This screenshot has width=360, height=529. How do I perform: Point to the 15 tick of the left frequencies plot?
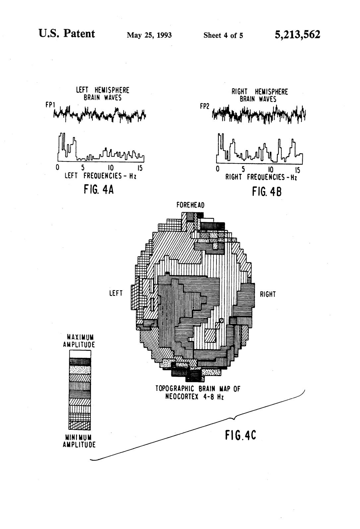(x=140, y=167)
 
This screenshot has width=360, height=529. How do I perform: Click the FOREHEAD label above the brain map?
(x=190, y=205)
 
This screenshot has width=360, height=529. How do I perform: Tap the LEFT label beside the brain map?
(x=116, y=293)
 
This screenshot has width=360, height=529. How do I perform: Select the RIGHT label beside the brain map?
(x=268, y=294)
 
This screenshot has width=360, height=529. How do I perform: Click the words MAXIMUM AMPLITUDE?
(x=79, y=341)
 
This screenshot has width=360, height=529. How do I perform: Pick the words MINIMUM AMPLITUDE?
(x=79, y=441)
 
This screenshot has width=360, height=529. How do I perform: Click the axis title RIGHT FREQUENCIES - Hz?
(x=261, y=177)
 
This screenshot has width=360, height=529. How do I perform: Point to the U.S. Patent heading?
(x=67, y=34)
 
